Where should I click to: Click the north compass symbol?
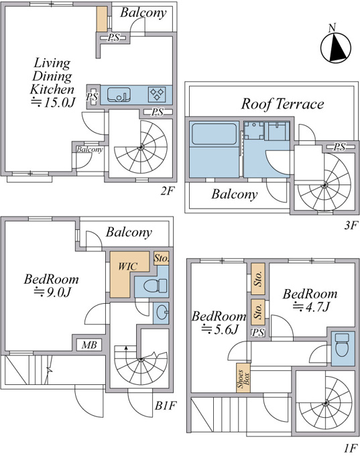click(336, 46)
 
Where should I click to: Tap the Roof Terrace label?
click(282, 104)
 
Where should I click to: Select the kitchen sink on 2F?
click(119, 95)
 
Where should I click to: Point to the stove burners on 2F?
click(157, 95)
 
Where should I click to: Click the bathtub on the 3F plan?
click(214, 134)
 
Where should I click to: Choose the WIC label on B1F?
click(127, 266)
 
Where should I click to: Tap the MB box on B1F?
click(89, 345)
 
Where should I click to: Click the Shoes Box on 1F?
click(243, 378)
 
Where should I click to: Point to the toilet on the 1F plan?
click(342, 345)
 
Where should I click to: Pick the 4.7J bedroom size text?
click(311, 307)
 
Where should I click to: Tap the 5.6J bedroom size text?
click(221, 329)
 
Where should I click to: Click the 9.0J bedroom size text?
click(52, 292)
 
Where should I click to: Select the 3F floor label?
click(351, 225)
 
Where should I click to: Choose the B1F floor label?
click(166, 406)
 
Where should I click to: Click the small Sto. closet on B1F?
click(161, 258)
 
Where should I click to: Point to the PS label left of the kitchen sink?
click(93, 97)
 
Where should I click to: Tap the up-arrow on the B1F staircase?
click(126, 349)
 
